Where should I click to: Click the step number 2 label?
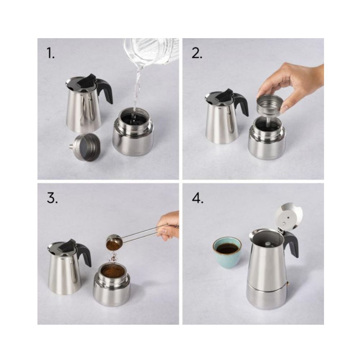tap(197, 53)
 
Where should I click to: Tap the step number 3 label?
tap(52, 198)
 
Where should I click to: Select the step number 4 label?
tap(198, 198)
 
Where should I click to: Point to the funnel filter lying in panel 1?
tap(85, 147)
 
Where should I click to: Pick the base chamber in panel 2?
tap(267, 140)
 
